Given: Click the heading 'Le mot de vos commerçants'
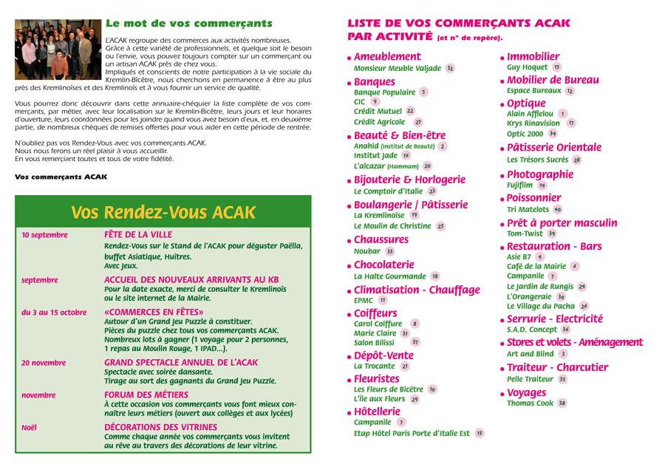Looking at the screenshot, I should [188, 24].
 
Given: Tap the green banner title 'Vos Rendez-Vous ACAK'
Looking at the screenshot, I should [163, 213].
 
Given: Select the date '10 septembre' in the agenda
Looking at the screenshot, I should [44, 235].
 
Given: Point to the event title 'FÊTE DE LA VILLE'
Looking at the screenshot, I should [138, 234].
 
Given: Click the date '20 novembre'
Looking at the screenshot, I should [44, 363].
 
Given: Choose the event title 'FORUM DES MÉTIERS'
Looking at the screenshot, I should [146, 395].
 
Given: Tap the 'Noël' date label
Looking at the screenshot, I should [29, 427].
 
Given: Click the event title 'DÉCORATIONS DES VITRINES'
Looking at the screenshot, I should [160, 427].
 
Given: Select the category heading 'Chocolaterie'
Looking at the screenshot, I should [384, 265].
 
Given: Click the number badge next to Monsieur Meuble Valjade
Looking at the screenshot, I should [450, 68].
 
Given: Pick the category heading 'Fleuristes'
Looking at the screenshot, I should [377, 379].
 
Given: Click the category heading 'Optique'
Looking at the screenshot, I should [526, 103].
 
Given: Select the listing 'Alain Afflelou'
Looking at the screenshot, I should [530, 115].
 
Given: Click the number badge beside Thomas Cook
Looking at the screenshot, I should [562, 403].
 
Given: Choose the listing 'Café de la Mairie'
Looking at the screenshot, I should [536, 266].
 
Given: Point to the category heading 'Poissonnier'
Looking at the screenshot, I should [534, 198].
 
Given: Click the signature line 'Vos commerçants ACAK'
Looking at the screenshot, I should [61, 177].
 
